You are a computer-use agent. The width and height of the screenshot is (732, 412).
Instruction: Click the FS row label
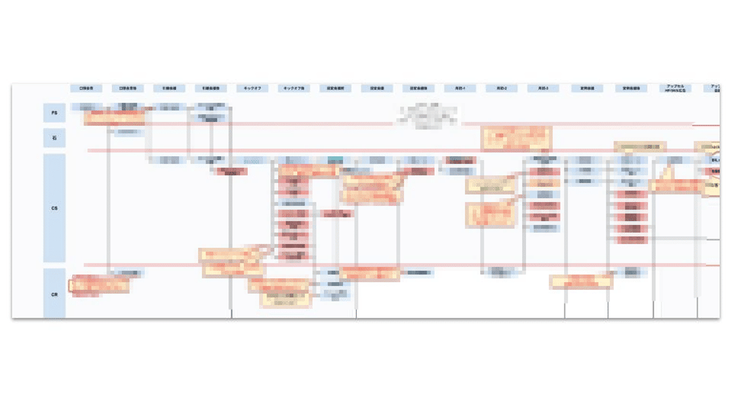54,112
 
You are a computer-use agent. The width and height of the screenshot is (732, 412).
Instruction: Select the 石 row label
54,138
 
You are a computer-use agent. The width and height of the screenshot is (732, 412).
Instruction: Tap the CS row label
54,208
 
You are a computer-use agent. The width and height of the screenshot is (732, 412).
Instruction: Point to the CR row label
54,294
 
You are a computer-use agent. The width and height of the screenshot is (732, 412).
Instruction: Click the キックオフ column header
252,89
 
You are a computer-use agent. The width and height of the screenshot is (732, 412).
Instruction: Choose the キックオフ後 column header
294,89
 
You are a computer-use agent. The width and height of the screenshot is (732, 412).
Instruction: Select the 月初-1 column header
460,89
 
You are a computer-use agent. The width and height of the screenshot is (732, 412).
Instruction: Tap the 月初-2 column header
502,89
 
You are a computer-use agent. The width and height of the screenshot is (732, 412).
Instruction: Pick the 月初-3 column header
543,89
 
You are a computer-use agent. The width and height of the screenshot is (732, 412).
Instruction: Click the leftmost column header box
86,89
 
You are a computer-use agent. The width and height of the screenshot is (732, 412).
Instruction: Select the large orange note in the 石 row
516,138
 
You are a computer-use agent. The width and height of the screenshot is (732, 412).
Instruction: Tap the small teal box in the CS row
335,160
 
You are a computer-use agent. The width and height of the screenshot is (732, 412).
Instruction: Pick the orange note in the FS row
114,118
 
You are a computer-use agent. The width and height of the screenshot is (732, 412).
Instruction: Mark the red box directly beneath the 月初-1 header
461,160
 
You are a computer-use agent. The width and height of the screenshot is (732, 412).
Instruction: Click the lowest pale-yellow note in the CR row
285,300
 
